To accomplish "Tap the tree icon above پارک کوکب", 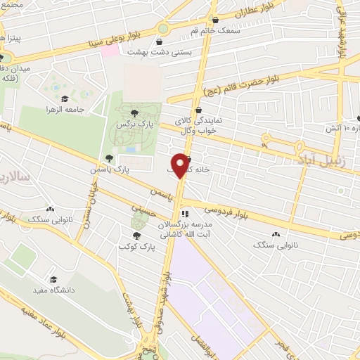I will [x=136, y=236].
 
